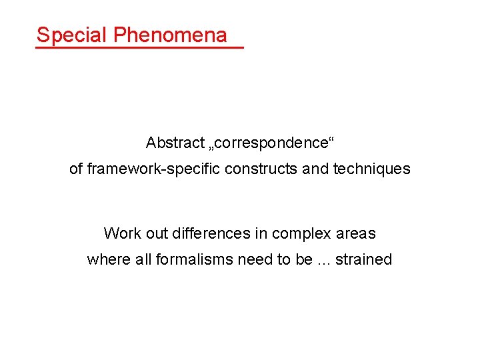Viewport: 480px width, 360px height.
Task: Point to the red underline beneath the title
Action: coord(140,47)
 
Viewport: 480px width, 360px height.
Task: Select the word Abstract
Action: coord(175,143)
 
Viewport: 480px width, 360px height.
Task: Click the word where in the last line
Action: coord(104,260)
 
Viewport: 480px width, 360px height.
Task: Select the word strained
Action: coord(364,260)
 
